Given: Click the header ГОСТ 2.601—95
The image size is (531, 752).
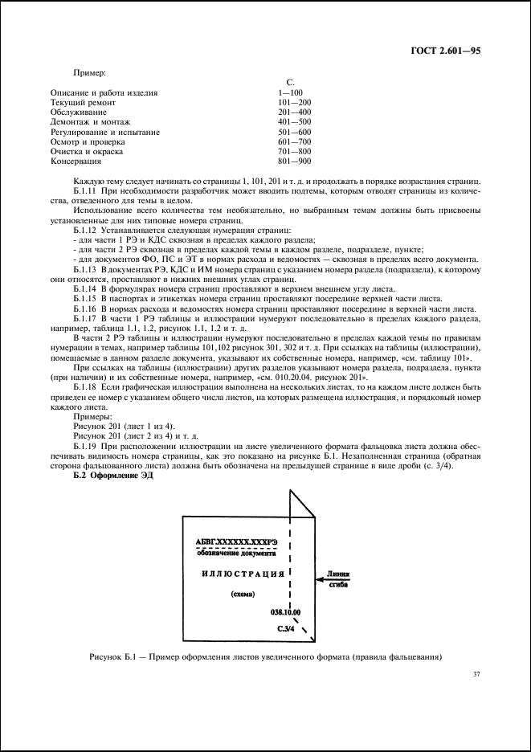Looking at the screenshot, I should point(447,51).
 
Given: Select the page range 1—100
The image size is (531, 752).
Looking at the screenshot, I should point(288,93).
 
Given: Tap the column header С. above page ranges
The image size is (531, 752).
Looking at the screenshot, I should point(291,83).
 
